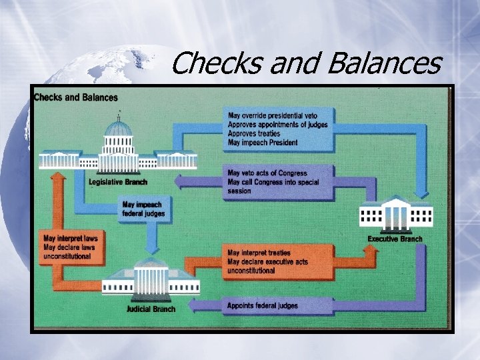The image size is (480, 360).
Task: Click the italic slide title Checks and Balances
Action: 306,64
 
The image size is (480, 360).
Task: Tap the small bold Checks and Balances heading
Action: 76,97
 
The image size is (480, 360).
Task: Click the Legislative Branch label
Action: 118,182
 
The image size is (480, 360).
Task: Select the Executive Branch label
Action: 395,239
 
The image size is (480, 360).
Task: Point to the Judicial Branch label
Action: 151,309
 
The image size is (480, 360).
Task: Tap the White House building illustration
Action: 395,214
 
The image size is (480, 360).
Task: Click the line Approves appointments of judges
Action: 281,125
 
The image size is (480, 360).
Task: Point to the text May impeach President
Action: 263,142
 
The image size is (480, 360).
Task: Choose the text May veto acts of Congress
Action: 267,173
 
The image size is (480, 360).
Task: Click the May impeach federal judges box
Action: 143,209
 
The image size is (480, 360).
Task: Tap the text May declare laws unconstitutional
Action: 69,247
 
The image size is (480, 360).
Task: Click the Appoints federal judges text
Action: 263,305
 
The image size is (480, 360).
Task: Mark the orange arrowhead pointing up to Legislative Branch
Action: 59,178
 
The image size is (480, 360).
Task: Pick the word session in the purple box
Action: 239,191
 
